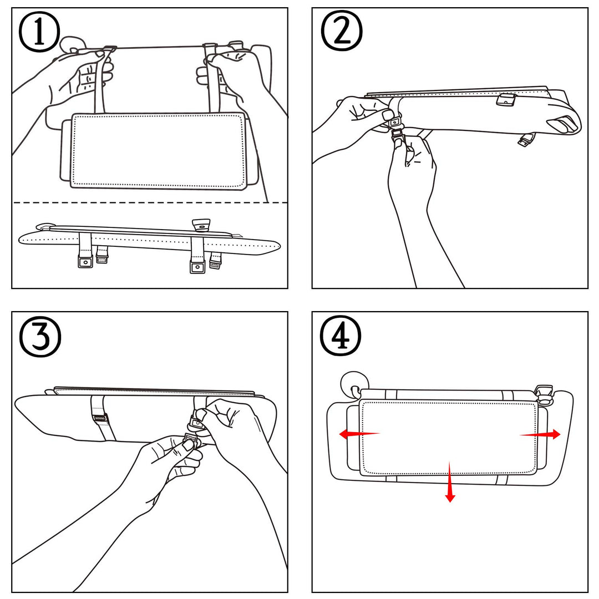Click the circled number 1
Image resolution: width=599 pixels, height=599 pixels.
39,33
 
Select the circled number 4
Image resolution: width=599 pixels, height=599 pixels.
341,337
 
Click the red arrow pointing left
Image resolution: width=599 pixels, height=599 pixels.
358,434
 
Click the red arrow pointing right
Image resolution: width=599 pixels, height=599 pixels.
541,435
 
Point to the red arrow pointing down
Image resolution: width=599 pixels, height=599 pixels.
450,483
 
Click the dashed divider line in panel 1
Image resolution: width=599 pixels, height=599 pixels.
150,202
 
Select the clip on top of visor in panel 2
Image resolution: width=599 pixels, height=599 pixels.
506,100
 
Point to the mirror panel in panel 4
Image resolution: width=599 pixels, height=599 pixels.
448,437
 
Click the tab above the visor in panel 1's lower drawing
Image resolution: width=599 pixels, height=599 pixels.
201,224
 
